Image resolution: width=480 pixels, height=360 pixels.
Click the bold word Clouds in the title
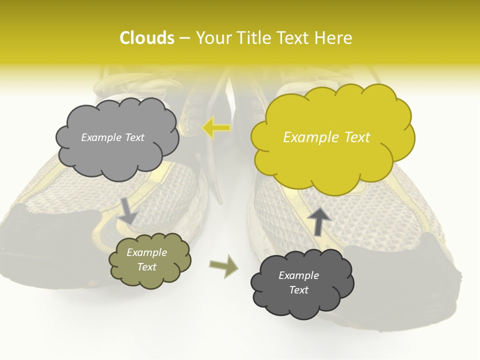point(146,38)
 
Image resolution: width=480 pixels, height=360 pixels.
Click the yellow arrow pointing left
point(216,128)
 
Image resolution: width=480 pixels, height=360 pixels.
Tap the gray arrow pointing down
point(127,210)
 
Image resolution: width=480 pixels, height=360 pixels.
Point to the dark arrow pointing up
point(318,220)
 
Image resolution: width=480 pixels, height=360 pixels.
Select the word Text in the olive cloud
point(146,267)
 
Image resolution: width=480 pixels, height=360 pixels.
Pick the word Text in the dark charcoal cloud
point(299,290)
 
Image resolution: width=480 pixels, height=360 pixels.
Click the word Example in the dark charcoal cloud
point(298,275)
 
